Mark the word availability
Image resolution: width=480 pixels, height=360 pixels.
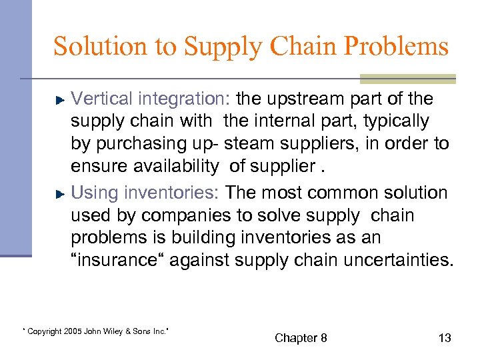coord(177,167)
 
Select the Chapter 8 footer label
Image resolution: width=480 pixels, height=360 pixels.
coord(301,338)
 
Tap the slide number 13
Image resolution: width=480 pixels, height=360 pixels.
coord(445,338)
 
